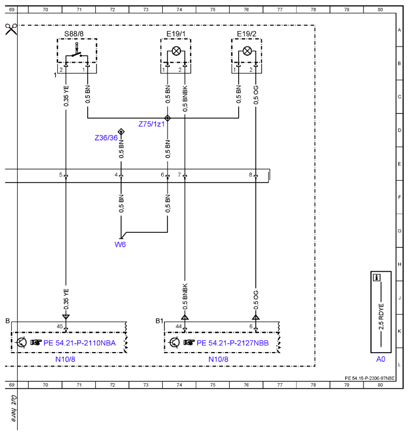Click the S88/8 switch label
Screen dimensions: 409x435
coord(74,34)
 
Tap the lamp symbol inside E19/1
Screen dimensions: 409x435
coord(176,51)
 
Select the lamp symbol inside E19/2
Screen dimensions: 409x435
coord(247,51)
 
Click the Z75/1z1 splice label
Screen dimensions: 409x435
coord(152,124)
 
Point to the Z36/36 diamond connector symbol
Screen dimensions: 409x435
coord(121,132)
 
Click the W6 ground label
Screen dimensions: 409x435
coord(120,245)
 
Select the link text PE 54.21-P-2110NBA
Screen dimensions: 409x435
coord(79,343)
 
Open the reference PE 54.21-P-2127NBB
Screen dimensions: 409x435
coord(233,343)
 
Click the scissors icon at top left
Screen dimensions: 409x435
coord(11,29)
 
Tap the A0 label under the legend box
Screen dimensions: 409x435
coord(381,359)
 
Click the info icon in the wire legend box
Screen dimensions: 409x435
coord(376,277)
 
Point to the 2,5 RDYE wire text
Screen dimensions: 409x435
coord(381,317)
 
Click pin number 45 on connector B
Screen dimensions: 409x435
coord(60,326)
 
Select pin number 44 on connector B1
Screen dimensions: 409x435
coord(179,326)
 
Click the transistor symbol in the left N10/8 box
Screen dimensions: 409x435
coord(21,342)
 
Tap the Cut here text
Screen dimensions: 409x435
coord(13,408)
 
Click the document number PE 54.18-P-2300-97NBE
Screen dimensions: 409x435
coord(369,378)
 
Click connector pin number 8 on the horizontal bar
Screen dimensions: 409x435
coord(251,175)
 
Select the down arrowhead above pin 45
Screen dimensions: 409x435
coord(66,317)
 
